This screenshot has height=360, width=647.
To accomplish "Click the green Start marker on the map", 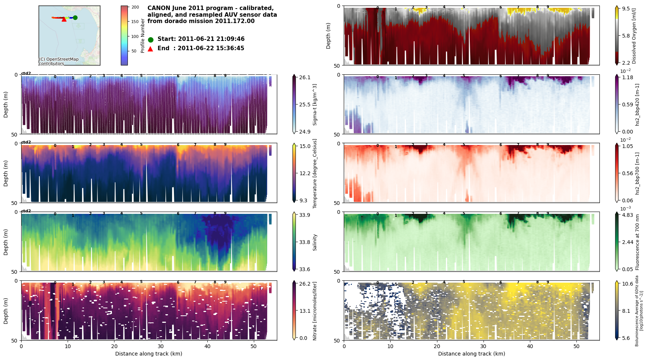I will pyautogui.click(x=75, y=17).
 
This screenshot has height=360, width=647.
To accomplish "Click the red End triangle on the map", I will pyautogui.click(x=64, y=19).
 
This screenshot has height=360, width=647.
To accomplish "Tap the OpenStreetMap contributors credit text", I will pyautogui.click(x=59, y=61).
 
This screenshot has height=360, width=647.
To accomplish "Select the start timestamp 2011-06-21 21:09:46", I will pyautogui.click(x=211, y=39).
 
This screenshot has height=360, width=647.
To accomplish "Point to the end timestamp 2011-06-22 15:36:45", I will pyautogui.click(x=211, y=48).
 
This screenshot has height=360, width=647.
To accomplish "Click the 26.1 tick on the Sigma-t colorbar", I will pyautogui.click(x=305, y=77).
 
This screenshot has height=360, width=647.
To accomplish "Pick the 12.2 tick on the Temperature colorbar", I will pyautogui.click(x=305, y=173).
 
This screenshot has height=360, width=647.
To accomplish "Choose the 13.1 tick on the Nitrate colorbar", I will pyautogui.click(x=305, y=311).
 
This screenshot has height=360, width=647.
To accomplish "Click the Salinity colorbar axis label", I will pyautogui.click(x=315, y=242).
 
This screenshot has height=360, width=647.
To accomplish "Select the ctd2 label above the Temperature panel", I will pyautogui.click(x=26, y=142).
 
